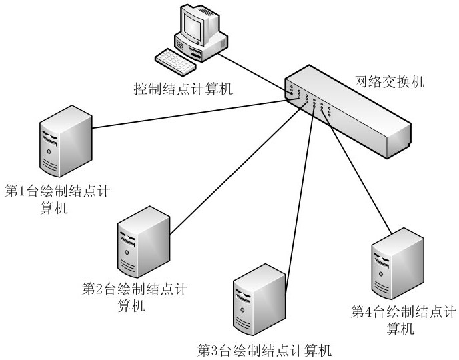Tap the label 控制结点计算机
(183, 88)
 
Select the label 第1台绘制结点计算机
(56, 199)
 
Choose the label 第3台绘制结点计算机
(264, 349)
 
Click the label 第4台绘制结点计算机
(404, 319)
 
